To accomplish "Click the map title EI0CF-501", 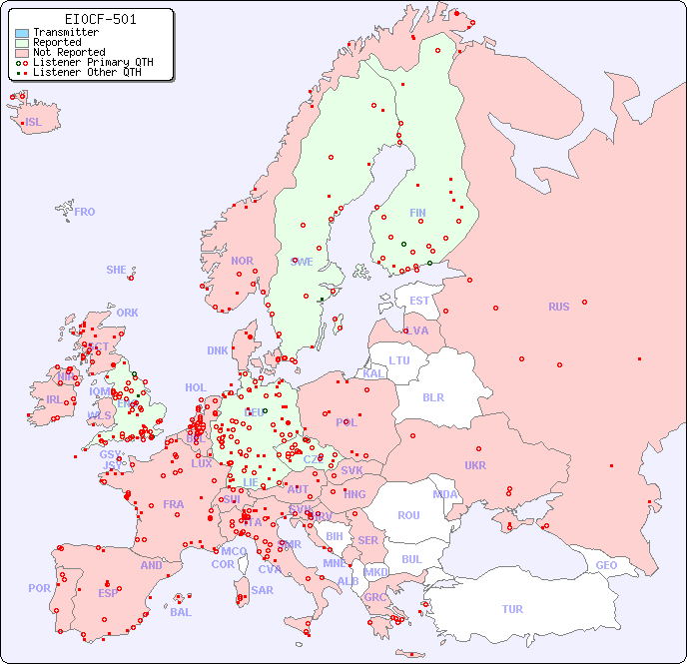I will coord(100,19).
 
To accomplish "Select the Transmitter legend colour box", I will coord(22,32).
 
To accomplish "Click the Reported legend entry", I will coord(57,42).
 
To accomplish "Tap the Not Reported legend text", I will coord(69,52).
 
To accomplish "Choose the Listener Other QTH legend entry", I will coord(87,72).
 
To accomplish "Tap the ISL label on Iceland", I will coord(34,123).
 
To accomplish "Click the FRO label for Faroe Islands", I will coord(85,212).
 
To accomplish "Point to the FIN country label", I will coord(417,213).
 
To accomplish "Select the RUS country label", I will coord(558,307).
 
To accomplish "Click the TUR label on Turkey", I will coord(512,609).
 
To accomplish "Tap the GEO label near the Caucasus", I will coord(606,565).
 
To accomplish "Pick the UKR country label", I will coord(475,465).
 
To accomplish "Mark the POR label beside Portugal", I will coord(39,588).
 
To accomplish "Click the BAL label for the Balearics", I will coord(181,612).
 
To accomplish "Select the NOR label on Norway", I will coord(242,261).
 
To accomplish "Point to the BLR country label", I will coord(433,396).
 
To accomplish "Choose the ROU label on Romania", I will coord(408,515).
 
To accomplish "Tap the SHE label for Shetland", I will coord(117,270).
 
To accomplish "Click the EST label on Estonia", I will coord(419,301).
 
